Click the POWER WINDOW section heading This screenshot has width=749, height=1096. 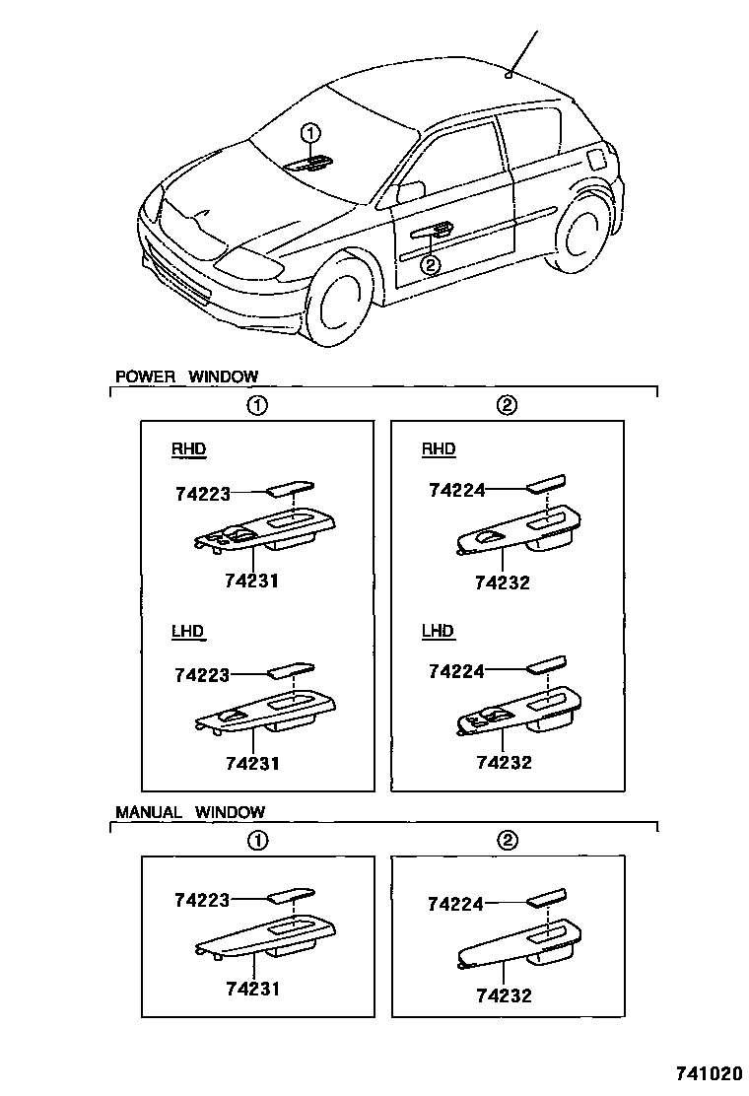(x=186, y=376)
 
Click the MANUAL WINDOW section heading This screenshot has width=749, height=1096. (x=190, y=812)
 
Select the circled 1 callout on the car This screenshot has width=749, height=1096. (x=310, y=133)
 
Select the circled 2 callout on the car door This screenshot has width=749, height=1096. (x=430, y=264)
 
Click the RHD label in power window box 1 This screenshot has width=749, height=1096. (x=189, y=449)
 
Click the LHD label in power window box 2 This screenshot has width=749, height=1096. (x=438, y=631)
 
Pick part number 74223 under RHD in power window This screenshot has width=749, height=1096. (x=202, y=493)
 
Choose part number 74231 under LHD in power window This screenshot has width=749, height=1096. (x=252, y=763)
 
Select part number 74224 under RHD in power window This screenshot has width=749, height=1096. (x=456, y=489)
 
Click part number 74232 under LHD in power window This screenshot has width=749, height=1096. (x=504, y=762)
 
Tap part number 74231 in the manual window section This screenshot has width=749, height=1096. (x=252, y=988)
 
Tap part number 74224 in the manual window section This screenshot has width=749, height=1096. (x=456, y=902)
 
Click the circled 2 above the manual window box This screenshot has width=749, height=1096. (x=507, y=841)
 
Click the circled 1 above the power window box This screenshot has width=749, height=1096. (x=256, y=405)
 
